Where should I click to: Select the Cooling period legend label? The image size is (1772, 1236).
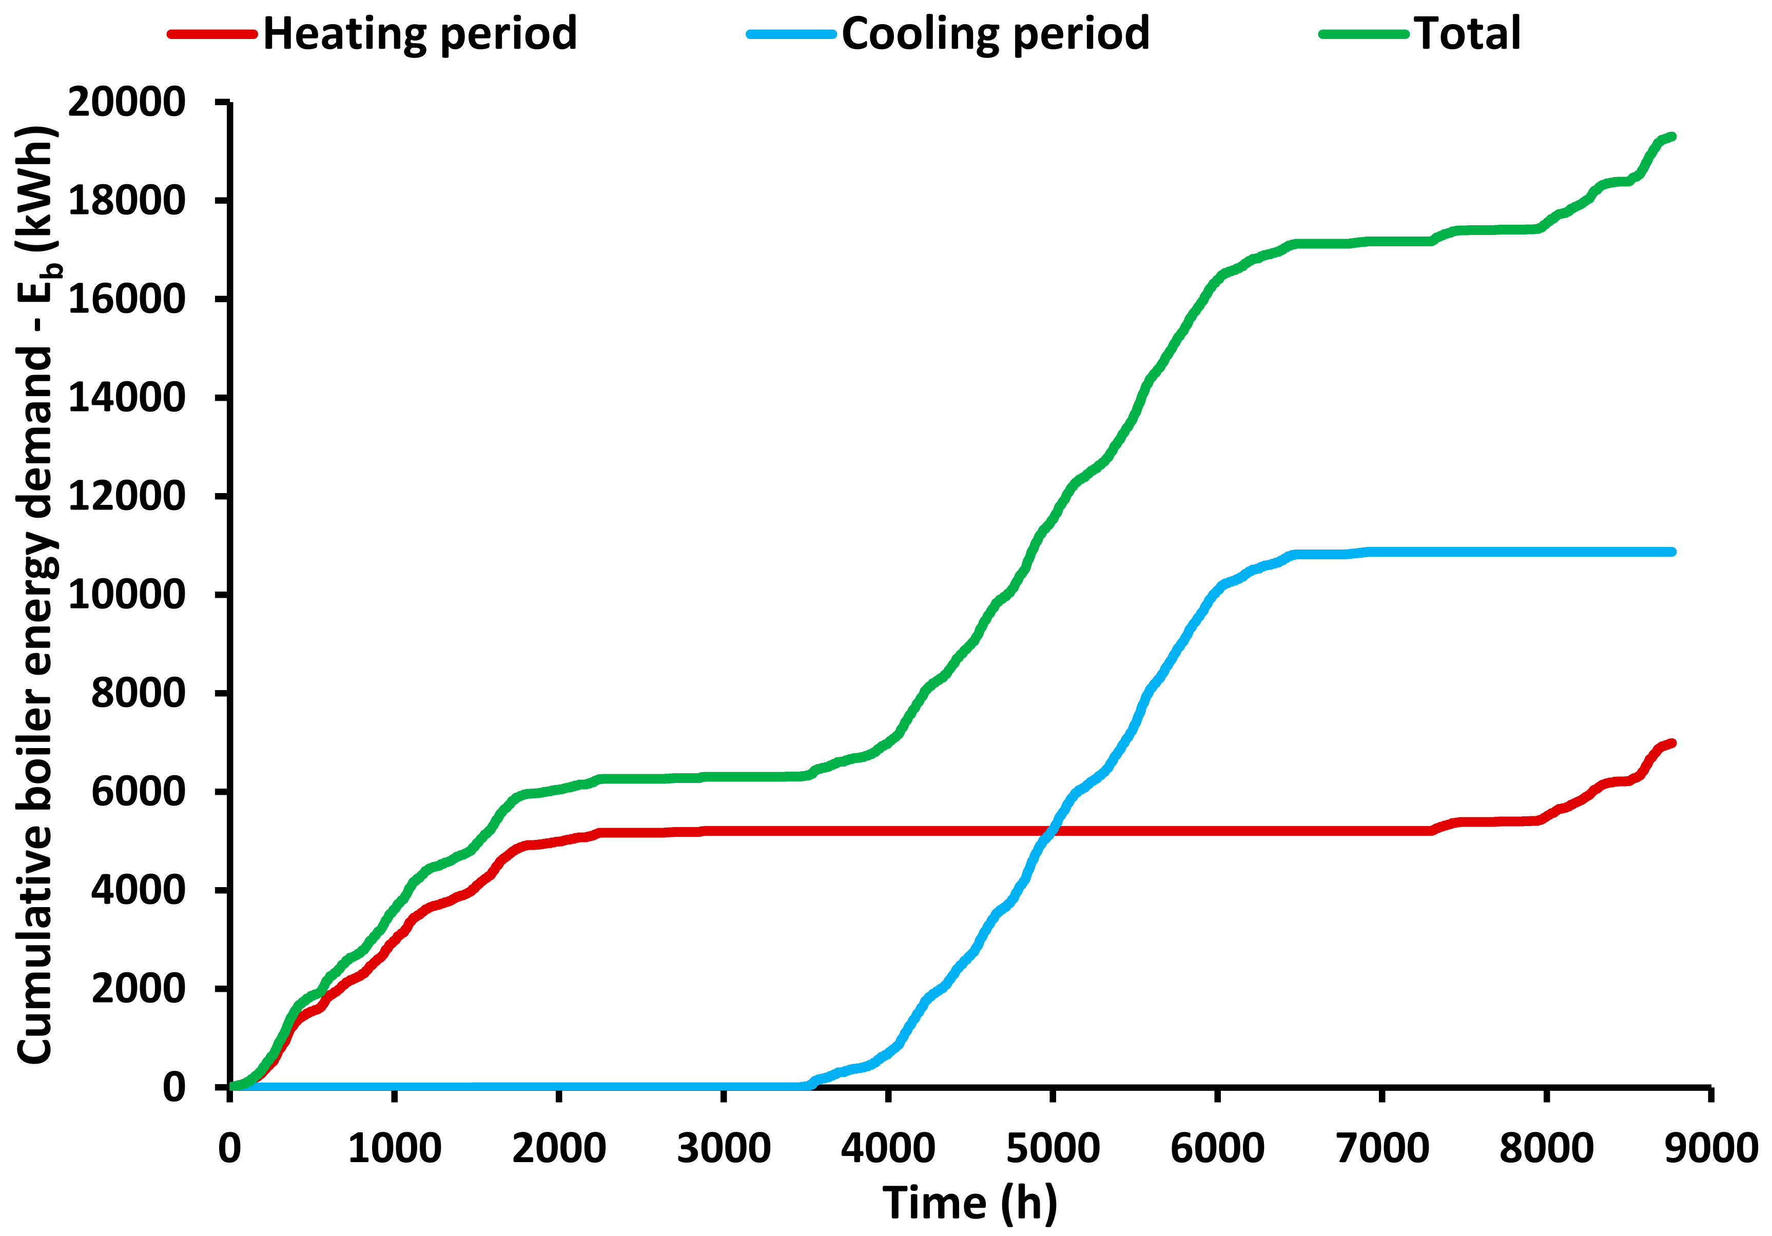point(995,34)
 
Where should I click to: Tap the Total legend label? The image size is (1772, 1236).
point(1466,34)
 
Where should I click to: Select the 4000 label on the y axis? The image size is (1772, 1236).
point(138,890)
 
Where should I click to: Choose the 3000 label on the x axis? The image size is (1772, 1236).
point(723,1148)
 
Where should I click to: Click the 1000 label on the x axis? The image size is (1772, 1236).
point(395,1148)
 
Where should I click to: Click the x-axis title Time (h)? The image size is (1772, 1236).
point(969,1204)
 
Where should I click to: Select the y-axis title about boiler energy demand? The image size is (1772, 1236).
point(37,594)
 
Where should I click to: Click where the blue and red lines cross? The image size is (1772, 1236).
point(1050,831)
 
